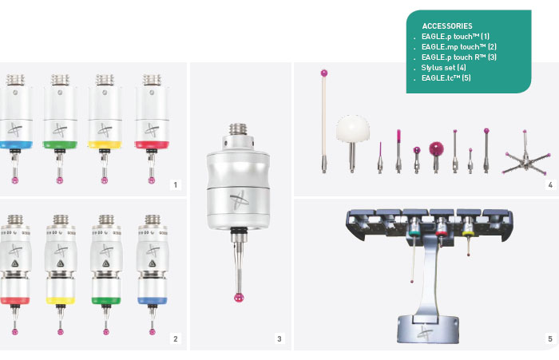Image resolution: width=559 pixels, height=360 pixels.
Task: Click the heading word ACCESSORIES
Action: point(447,26)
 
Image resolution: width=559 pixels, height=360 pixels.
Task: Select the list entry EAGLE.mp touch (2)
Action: point(459,46)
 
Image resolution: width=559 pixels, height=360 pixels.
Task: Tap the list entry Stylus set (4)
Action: point(443,67)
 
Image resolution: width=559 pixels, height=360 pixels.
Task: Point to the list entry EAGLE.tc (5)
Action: point(446,77)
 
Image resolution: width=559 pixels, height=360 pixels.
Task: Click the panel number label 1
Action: point(175,184)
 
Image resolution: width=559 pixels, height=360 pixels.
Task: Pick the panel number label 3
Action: point(279,338)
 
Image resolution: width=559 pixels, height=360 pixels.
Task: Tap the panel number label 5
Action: point(550,338)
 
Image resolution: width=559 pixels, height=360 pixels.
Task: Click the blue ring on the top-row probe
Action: point(16,144)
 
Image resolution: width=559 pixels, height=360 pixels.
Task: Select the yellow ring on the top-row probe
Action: point(105,144)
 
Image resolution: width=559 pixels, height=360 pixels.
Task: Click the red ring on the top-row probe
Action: point(152,144)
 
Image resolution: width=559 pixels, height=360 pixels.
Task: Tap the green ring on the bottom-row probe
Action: point(106,300)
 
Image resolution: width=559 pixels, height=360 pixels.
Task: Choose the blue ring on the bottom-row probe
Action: point(153,300)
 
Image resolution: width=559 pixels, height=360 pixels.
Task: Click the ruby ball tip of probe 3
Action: point(239,297)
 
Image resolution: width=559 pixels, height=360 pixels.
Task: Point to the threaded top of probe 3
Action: point(238,129)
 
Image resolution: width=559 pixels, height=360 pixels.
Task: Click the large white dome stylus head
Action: point(353,128)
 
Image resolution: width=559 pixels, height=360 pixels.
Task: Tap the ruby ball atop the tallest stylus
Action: point(323,73)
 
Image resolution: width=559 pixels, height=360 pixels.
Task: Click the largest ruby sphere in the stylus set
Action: point(436,148)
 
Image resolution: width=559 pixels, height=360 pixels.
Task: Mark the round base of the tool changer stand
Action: point(428,329)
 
